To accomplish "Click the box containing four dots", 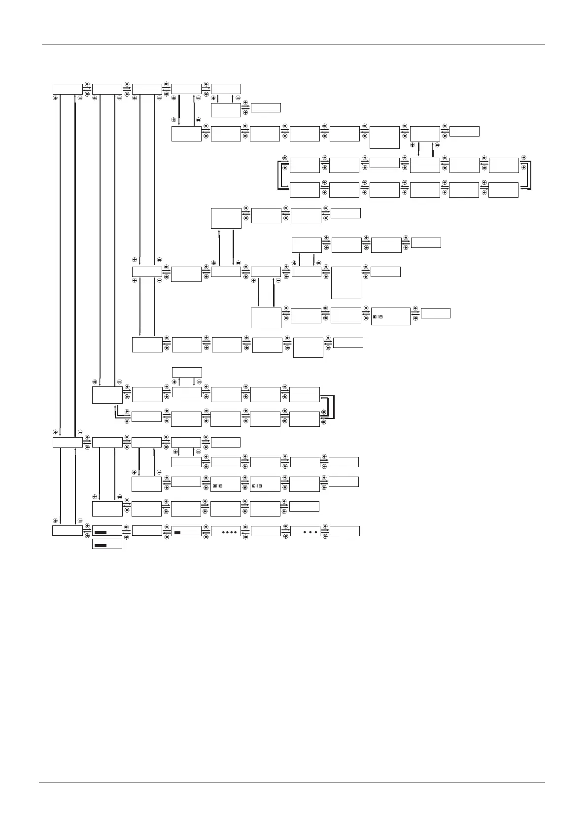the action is [x=226, y=531].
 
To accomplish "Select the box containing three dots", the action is [x=305, y=531].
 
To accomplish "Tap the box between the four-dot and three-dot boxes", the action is [x=265, y=531].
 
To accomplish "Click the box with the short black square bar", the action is [x=186, y=531].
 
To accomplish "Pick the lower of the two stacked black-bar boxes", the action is [x=107, y=545].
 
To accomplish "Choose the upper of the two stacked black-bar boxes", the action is [x=107, y=531].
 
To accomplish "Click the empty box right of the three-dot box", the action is [x=345, y=531].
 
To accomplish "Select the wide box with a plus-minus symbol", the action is [x=390, y=316].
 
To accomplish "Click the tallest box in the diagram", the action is [x=346, y=282].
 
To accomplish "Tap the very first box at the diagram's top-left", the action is [x=68, y=89].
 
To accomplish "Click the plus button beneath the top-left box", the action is [x=55, y=98].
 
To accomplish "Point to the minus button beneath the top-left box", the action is [x=80, y=98].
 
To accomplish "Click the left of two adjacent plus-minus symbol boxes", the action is [x=226, y=484].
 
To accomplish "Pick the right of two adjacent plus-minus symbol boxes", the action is [x=265, y=484].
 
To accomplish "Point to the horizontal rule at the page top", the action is [x=293, y=45].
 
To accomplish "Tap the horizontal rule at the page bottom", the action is [x=293, y=782].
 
